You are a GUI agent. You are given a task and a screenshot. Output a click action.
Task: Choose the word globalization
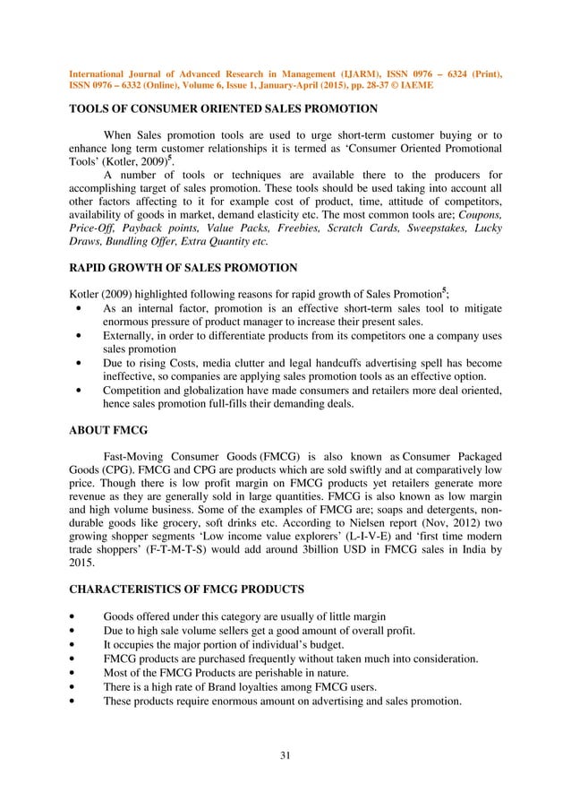209,391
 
